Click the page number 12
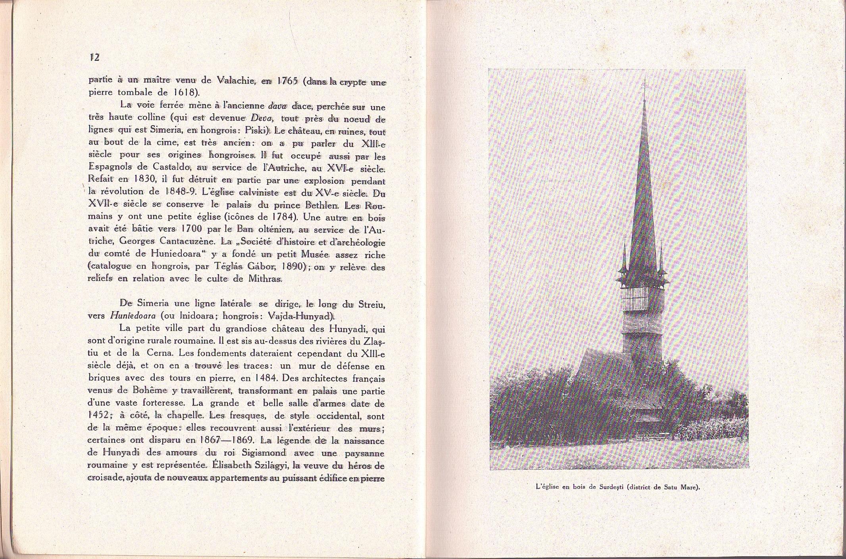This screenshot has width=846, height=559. [x=94, y=57]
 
